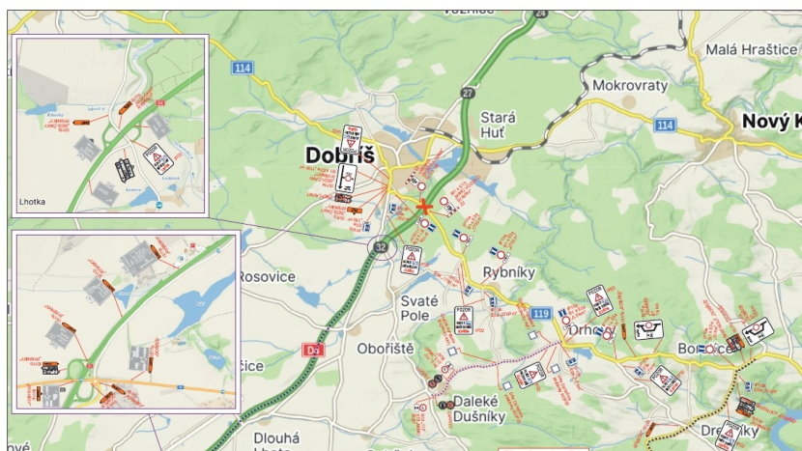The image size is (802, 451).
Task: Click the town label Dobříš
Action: point(339,155)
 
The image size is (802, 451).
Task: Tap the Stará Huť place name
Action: point(499,125)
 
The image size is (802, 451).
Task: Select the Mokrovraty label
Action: point(630,85)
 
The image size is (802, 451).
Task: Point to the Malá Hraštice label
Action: point(749,49)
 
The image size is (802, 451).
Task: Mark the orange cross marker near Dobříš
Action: point(423,206)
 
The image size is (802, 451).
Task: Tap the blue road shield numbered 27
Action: point(469,93)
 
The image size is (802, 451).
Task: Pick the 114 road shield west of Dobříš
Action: point(242,68)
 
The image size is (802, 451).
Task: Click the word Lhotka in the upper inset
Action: point(33,203)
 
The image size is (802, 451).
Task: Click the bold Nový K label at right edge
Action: point(770,121)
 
